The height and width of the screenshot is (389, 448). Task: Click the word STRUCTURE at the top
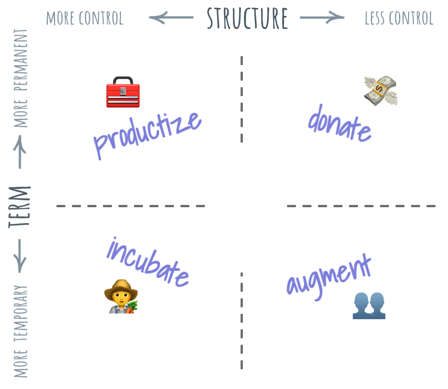click(x=247, y=18)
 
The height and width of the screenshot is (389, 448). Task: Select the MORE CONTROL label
click(x=85, y=18)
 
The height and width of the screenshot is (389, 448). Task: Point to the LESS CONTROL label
click(x=399, y=18)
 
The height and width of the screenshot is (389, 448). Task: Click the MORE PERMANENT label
click(x=21, y=78)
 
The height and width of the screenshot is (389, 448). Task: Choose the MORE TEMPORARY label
click(x=21, y=331)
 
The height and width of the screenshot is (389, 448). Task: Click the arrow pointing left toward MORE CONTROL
click(x=171, y=18)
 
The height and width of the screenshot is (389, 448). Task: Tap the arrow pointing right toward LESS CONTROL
click(x=322, y=18)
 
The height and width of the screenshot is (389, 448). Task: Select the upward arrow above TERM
click(x=20, y=151)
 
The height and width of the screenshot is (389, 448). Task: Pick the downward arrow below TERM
click(x=20, y=256)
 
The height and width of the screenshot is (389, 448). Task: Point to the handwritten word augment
click(x=329, y=276)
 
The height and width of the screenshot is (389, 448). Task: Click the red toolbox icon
click(x=122, y=92)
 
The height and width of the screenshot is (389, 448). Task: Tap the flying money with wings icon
click(x=381, y=90)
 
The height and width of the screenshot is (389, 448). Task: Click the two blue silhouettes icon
click(x=369, y=305)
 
